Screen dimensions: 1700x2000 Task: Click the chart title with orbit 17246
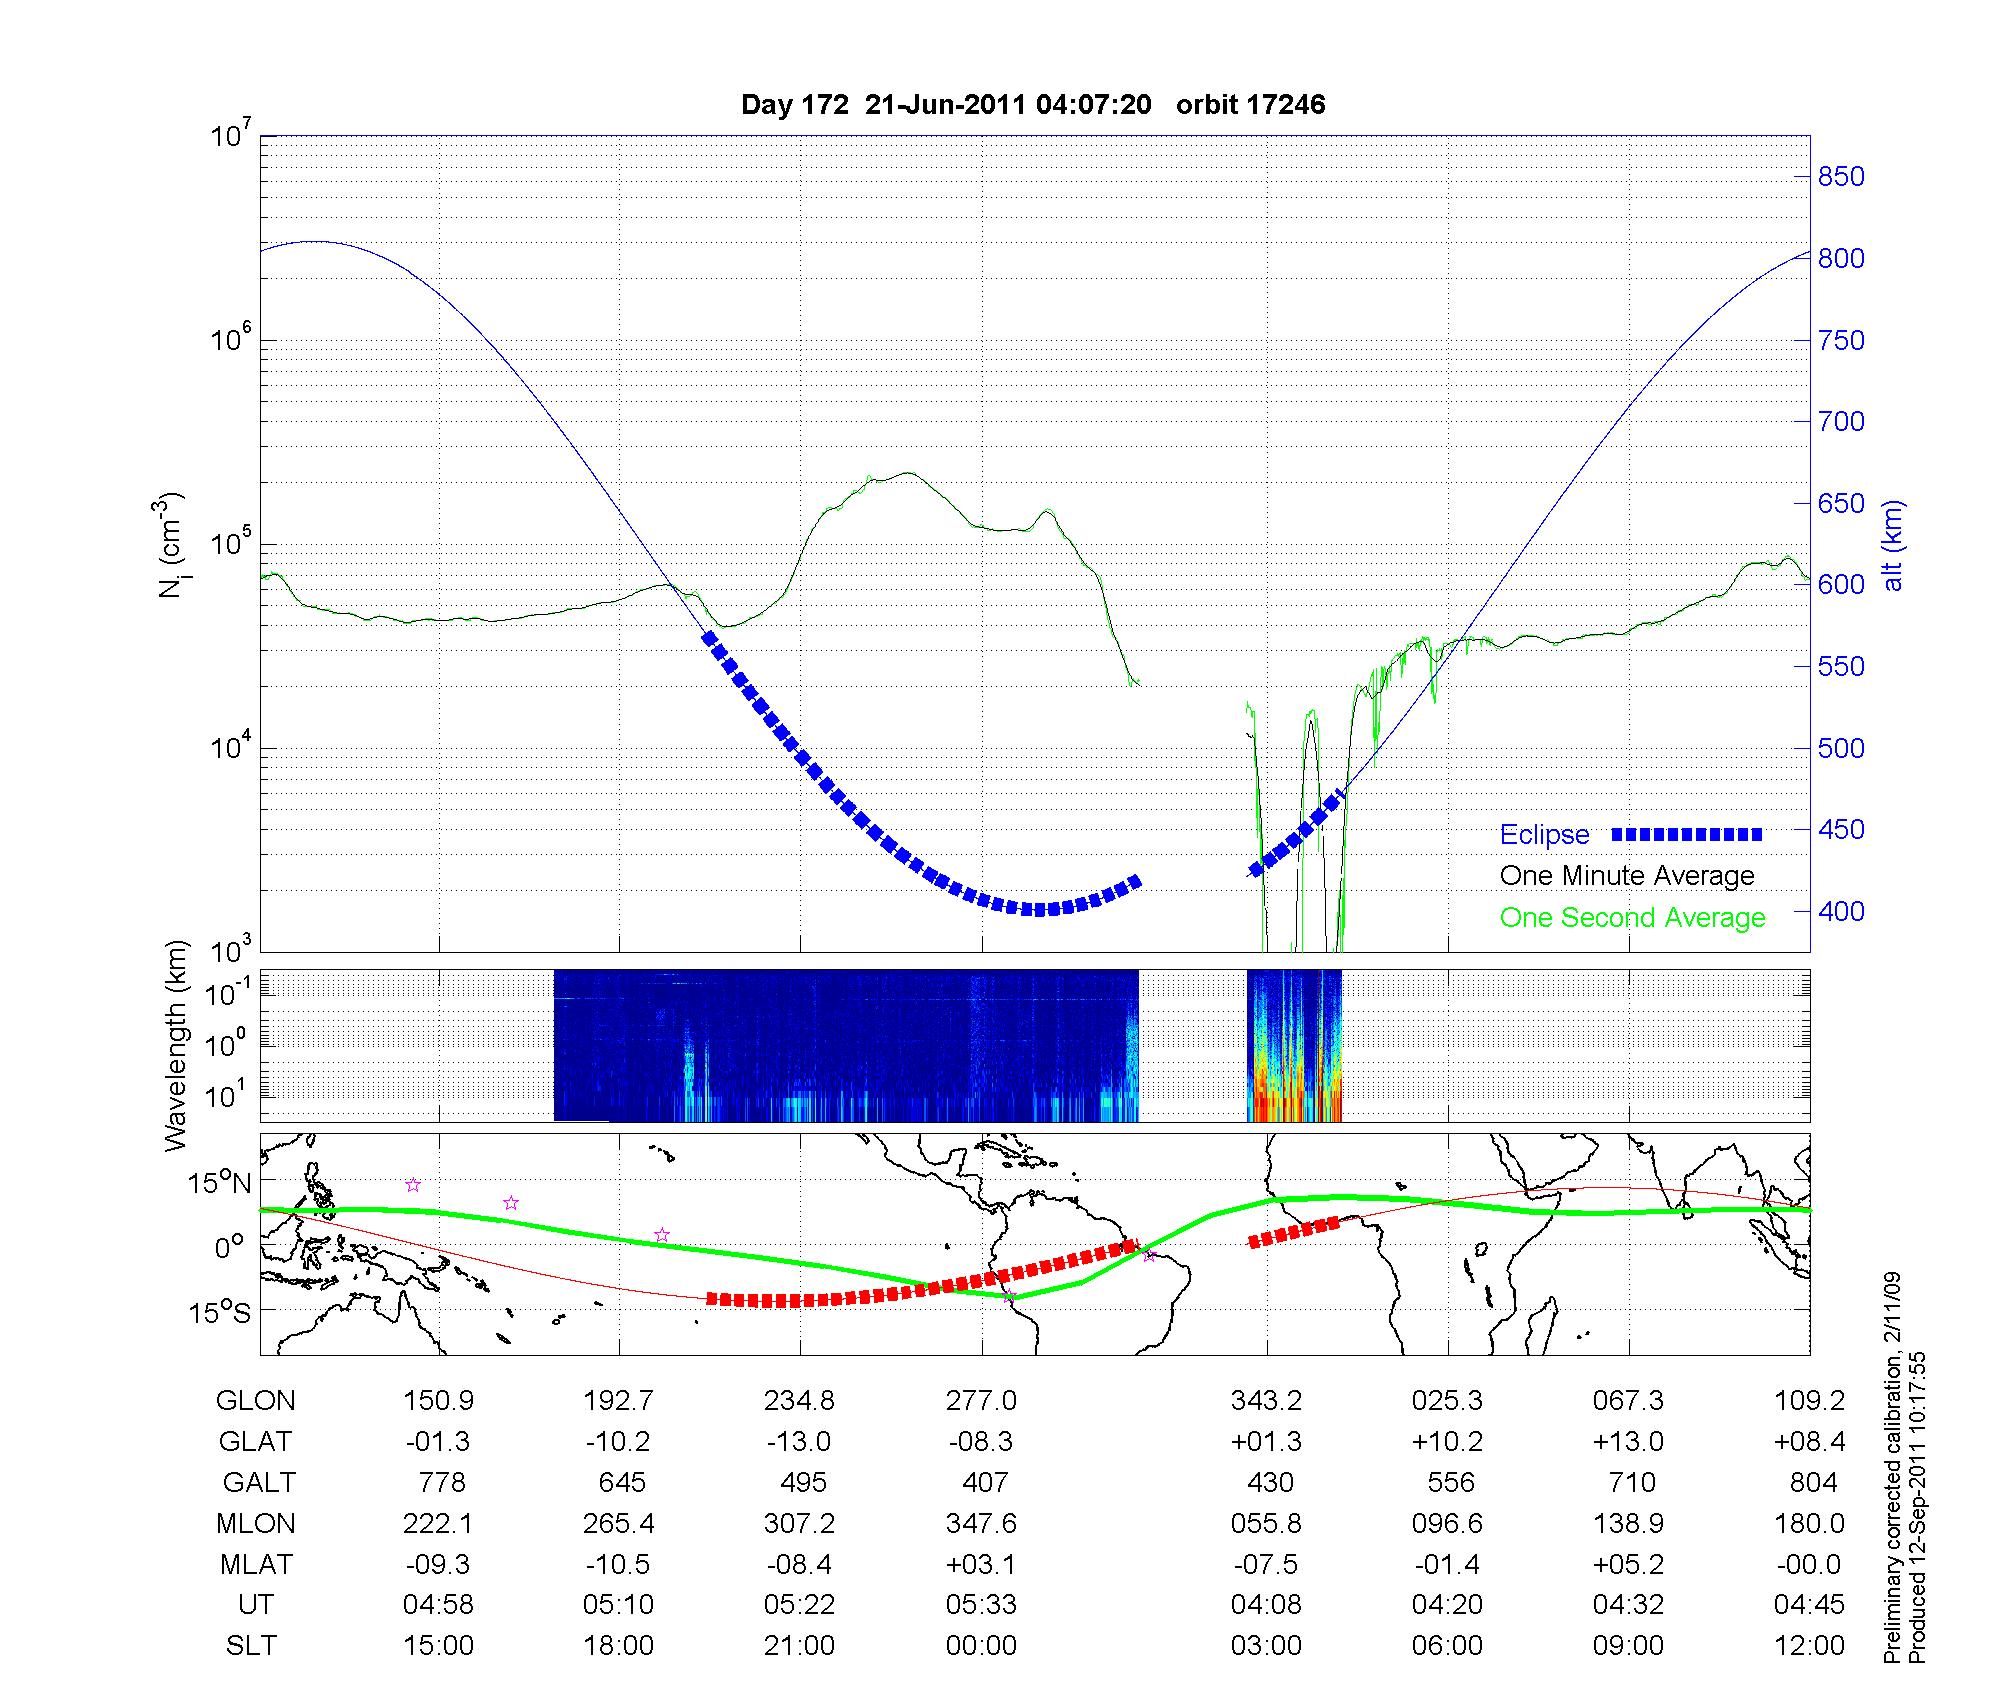coord(1032,105)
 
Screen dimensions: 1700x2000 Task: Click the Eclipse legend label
coord(1544,835)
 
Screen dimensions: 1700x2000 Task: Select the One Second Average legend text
coord(1632,918)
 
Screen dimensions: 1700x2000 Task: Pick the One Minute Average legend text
coord(1627,876)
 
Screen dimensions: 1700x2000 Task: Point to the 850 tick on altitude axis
coord(1840,177)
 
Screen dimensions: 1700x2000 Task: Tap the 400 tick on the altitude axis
coord(1840,912)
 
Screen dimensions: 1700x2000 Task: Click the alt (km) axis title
coord(1893,545)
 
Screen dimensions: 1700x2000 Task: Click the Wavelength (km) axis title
coord(177,1045)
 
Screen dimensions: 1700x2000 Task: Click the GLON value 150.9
coord(438,1401)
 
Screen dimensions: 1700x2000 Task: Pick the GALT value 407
coord(984,1482)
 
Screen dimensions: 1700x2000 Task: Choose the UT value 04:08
coord(1266,1605)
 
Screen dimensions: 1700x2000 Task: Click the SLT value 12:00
coord(1810,1646)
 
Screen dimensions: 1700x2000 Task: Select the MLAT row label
coord(256,1564)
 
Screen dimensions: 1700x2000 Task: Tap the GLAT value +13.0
coord(1628,1442)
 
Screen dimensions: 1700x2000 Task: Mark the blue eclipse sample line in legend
coord(1687,834)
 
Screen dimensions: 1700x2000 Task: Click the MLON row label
coord(256,1523)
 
